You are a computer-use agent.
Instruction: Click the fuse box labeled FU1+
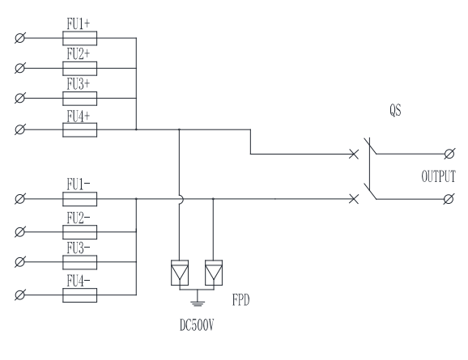(x=79, y=38)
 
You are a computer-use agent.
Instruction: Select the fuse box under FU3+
(x=79, y=99)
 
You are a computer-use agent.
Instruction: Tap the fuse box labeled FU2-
(x=79, y=232)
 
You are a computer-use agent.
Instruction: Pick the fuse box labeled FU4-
(x=79, y=295)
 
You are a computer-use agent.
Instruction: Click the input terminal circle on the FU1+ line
(x=20, y=38)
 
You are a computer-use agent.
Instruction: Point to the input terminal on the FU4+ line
(x=20, y=129)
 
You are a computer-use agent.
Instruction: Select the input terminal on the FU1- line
(x=20, y=199)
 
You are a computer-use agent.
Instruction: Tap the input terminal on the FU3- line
(x=20, y=262)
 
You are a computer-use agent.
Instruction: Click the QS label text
(x=395, y=110)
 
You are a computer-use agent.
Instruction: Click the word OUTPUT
(x=439, y=176)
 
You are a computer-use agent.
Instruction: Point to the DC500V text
(x=197, y=324)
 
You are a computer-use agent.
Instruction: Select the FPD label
(x=240, y=300)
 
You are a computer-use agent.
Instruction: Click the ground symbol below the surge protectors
(x=198, y=301)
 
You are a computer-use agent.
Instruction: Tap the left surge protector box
(x=180, y=273)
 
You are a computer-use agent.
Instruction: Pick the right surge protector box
(x=214, y=273)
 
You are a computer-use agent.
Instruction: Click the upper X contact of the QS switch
(x=354, y=155)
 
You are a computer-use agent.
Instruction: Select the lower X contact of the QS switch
(x=354, y=199)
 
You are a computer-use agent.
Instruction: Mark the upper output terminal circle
(x=449, y=154)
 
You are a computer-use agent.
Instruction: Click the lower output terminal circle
(x=449, y=199)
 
